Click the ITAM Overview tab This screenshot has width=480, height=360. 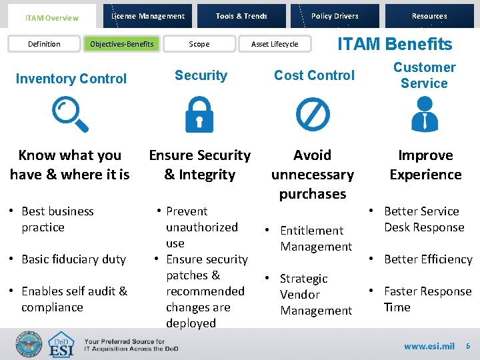tap(51, 18)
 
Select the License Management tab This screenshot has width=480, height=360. tap(148, 16)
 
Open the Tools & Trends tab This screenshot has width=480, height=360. tap(241, 16)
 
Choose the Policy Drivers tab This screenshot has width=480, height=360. tap(335, 16)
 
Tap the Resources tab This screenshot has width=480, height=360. tap(429, 16)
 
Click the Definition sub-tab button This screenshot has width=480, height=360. tap(44, 44)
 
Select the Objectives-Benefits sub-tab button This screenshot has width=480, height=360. tap(121, 44)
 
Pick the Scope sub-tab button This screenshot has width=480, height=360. tap(199, 44)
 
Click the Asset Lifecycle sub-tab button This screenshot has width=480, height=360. tap(275, 44)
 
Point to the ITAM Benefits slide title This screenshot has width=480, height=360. tap(395, 44)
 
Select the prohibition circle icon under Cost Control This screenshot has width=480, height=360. tap(313, 113)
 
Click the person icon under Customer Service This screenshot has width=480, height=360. tap(424, 113)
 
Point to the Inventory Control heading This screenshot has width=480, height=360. tap(71, 79)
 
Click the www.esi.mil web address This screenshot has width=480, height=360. tap(429, 346)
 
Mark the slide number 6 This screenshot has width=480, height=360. tap(467, 346)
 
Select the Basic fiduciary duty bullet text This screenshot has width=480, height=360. tap(73, 259)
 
